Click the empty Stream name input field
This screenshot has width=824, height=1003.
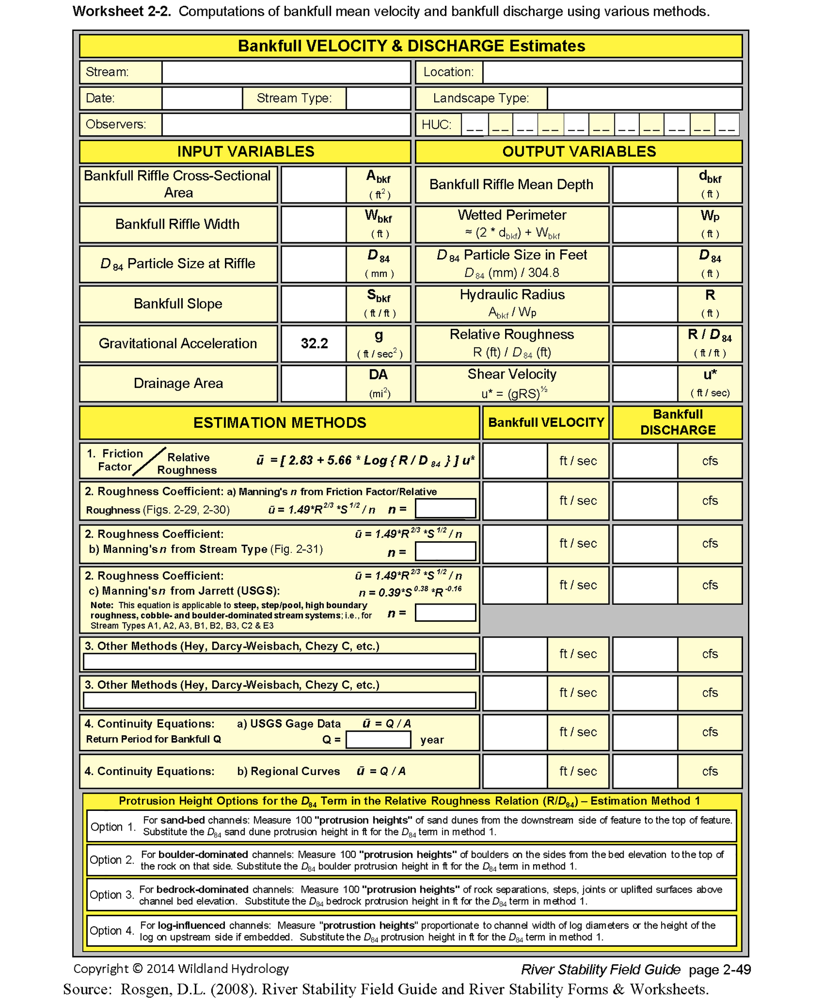286,72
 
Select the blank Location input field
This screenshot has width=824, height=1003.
612,72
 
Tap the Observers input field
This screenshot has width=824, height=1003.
286,124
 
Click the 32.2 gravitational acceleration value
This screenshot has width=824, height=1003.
314,343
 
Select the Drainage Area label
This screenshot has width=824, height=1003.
178,383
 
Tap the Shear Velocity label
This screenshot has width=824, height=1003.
512,374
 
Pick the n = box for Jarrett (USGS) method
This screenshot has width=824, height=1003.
445,613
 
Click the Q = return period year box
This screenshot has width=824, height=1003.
378,740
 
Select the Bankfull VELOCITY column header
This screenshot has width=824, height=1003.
546,422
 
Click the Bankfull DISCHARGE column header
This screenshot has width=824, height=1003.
677,422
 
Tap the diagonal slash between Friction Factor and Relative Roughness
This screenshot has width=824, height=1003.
149,461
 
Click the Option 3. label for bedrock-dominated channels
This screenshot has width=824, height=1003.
112,895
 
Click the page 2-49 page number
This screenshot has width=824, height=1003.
720,969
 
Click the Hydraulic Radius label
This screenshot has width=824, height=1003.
512,295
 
